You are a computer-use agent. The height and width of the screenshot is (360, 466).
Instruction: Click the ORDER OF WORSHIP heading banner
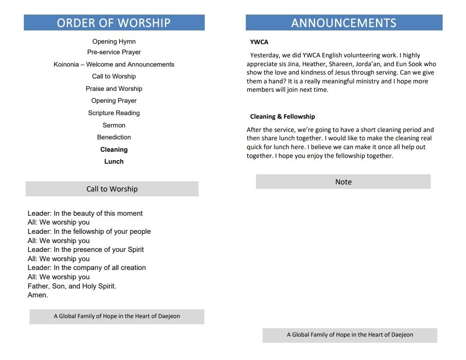[114, 22]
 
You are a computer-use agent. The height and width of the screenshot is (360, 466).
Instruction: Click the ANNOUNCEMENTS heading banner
[344, 22]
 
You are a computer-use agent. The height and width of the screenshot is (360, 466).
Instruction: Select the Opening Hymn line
[114, 41]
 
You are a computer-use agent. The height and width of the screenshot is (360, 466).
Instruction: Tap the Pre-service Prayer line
[114, 52]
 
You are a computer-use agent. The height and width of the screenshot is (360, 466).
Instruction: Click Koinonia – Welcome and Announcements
[114, 64]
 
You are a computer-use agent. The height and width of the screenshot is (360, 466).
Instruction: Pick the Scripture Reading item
[114, 113]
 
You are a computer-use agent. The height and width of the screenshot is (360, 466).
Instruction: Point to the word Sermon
[114, 125]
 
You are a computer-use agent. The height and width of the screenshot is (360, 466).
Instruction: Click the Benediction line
[114, 137]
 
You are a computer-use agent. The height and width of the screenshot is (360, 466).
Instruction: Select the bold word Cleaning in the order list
[114, 150]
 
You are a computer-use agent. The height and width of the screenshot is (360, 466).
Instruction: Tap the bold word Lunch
[114, 161]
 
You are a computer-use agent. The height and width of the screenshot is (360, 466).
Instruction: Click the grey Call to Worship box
[112, 189]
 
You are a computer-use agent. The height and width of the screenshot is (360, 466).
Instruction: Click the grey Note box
[343, 182]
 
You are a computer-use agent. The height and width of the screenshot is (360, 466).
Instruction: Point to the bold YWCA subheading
[259, 42]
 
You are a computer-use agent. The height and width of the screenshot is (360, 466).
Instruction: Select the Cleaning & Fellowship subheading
[282, 117]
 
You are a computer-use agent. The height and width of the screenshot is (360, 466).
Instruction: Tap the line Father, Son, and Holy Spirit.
[72, 286]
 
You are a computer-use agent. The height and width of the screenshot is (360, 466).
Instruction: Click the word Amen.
[38, 295]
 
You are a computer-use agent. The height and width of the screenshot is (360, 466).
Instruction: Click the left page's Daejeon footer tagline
[117, 316]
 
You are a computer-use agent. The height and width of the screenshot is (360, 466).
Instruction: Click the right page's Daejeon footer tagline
[350, 335]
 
